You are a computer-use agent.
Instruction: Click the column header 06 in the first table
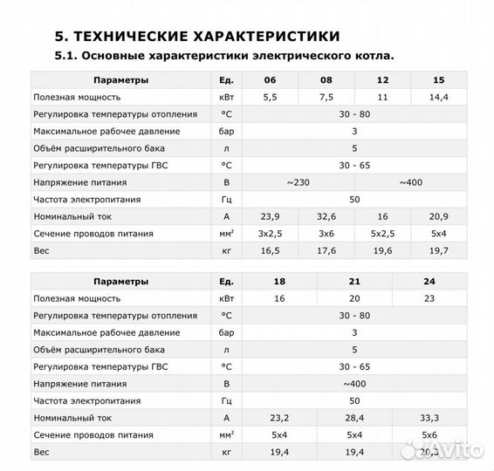tap(269, 81)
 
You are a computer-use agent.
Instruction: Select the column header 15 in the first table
tap(439, 81)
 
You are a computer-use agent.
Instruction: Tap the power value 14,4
tap(439, 97)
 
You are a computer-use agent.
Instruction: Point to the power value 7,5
tap(326, 97)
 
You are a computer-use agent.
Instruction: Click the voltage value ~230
tap(298, 182)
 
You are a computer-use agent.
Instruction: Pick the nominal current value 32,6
tap(326, 216)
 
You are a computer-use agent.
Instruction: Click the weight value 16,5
tap(269, 251)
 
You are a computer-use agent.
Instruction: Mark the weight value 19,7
tap(439, 251)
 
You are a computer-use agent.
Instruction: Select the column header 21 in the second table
tap(354, 282)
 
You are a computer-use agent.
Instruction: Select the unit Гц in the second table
tap(226, 400)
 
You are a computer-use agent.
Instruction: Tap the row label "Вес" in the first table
tap(41, 251)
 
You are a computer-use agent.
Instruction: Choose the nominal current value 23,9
tap(269, 216)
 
